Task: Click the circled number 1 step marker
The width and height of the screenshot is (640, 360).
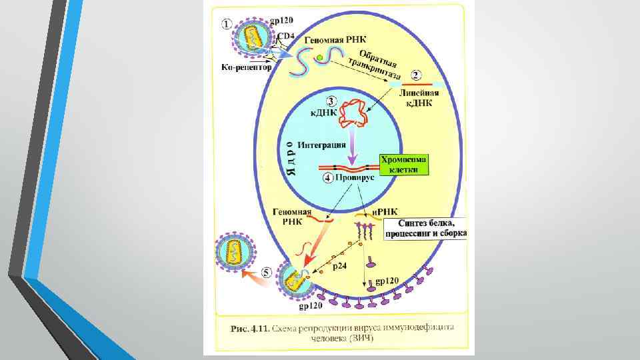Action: click(227, 23)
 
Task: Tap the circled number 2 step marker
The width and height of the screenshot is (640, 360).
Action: click(416, 75)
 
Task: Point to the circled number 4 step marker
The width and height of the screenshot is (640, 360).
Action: click(327, 179)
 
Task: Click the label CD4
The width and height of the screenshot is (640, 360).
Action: click(285, 35)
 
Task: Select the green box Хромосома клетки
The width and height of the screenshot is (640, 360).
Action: click(404, 165)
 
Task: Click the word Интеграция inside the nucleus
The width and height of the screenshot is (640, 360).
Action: click(321, 145)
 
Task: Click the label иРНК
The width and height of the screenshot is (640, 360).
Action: click(383, 211)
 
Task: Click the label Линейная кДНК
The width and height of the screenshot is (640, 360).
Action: click(416, 99)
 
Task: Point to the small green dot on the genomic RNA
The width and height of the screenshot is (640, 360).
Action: click(321, 59)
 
